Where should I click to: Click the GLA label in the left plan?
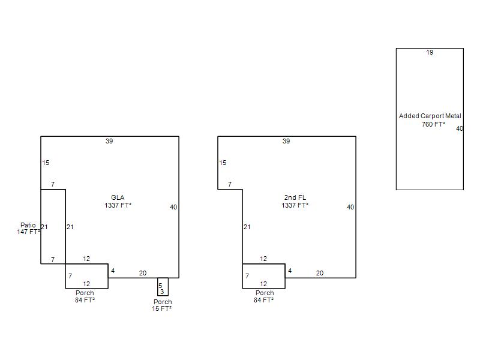pyautogui.click(x=118, y=197)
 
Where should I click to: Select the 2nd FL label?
pyautogui.click(x=295, y=197)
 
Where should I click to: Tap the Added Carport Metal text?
pyautogui.click(x=430, y=116)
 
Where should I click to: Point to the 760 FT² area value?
pyautogui.click(x=433, y=124)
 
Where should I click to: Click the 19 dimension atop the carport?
pyautogui.click(x=430, y=52)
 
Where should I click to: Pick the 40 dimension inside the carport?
pyautogui.click(x=460, y=128)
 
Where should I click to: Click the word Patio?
pyautogui.click(x=28, y=225)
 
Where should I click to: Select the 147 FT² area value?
pyautogui.click(x=28, y=232)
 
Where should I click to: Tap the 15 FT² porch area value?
pyautogui.click(x=161, y=308)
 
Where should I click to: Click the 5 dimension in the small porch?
pyautogui.click(x=160, y=286)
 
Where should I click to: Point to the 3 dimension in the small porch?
pyautogui.click(x=162, y=292)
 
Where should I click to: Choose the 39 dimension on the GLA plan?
pyautogui.click(x=109, y=141)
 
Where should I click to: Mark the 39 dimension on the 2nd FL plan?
pyautogui.click(x=286, y=141)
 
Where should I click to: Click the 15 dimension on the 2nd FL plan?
pyautogui.click(x=223, y=163)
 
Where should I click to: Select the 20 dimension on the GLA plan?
pyautogui.click(x=143, y=273)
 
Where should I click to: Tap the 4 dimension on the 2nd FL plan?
pyautogui.click(x=290, y=271)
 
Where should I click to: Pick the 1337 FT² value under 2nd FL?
pyautogui.click(x=295, y=205)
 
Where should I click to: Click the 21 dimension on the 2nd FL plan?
pyautogui.click(x=247, y=227)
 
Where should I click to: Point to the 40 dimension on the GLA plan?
pyautogui.click(x=173, y=207)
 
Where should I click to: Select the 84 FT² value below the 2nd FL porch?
pyautogui.click(x=263, y=300)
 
